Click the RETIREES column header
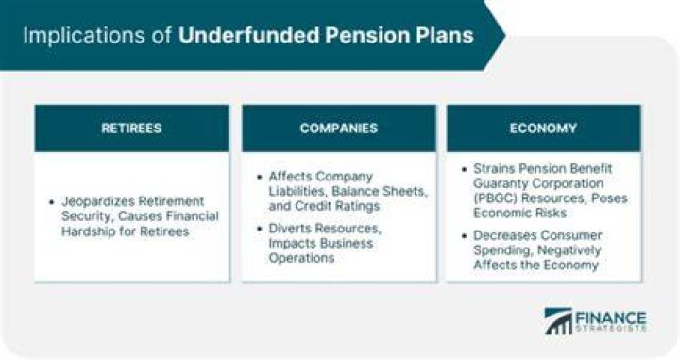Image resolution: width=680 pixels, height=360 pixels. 131,128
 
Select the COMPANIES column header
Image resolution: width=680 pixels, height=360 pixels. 339,128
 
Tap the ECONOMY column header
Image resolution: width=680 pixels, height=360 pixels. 543,128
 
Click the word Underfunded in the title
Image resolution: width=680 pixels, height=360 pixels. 248,35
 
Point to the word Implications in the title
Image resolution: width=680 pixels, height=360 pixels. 84,36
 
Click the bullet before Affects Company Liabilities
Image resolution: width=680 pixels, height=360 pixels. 260,177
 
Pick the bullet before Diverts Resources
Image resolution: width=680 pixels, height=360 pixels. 260,229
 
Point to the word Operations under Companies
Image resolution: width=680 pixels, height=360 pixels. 301,258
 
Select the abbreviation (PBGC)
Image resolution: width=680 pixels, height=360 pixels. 495,198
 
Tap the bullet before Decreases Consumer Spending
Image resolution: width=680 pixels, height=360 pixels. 464,236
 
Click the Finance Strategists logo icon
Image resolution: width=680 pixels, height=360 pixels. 558,321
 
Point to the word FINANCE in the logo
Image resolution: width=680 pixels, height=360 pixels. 611,318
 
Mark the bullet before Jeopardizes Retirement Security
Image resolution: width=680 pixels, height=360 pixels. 52,202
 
